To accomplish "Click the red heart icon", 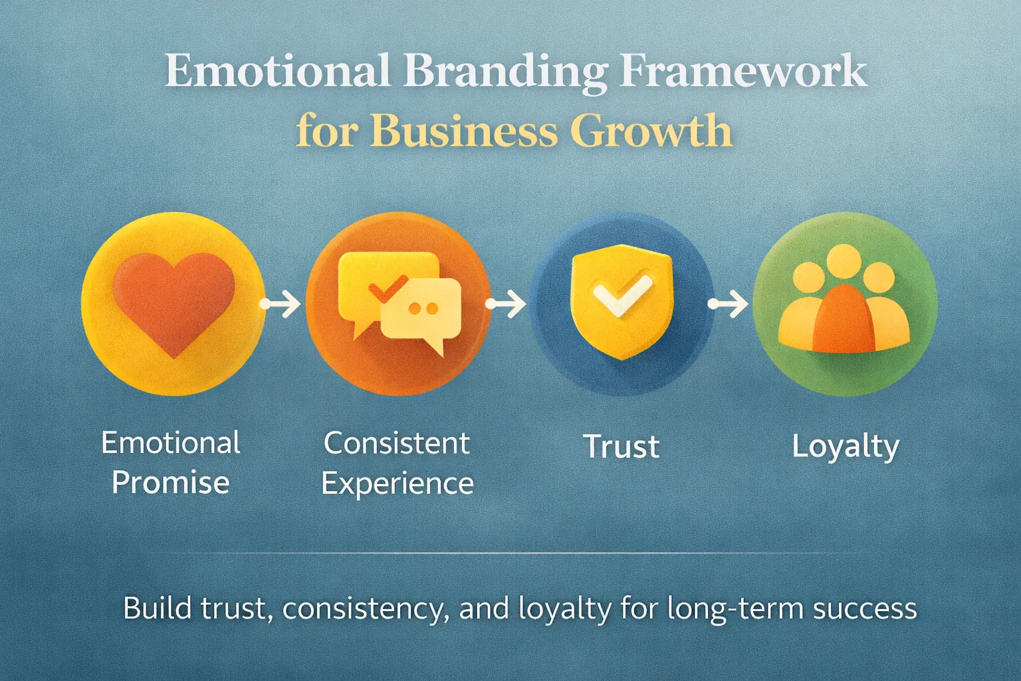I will tap(173, 303).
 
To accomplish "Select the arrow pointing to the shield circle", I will tap(507, 304).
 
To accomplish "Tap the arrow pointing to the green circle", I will tap(729, 304).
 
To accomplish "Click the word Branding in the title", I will tap(505, 72).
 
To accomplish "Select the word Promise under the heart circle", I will tap(171, 483).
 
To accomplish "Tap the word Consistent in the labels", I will tap(397, 443).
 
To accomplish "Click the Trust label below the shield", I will tap(622, 446).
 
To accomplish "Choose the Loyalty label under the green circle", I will tap(846, 446).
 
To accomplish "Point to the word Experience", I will tap(397, 484).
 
